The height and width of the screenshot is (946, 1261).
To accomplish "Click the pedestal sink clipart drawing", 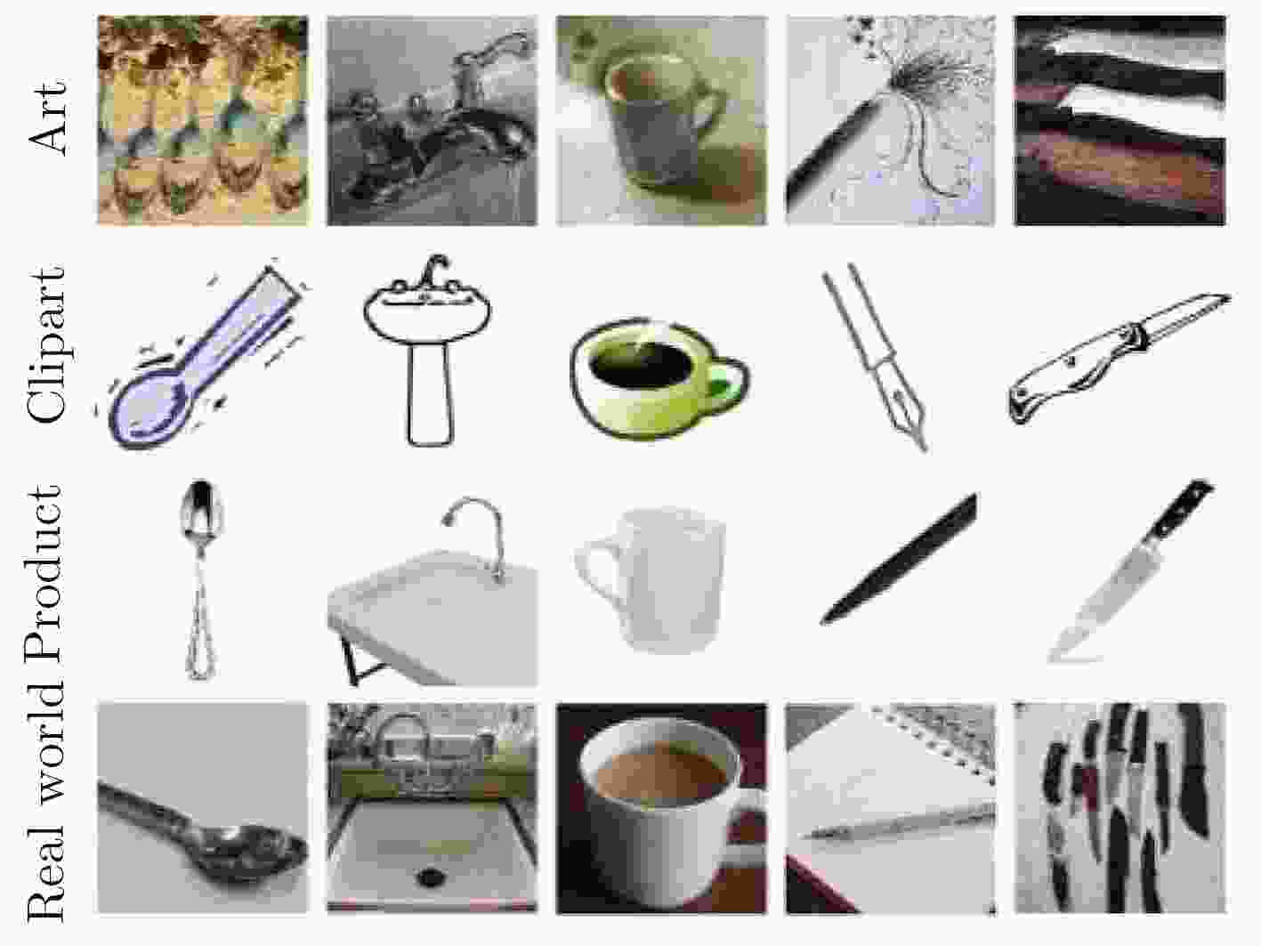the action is tap(428, 351).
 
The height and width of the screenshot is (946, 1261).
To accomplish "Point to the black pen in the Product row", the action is tap(899, 558).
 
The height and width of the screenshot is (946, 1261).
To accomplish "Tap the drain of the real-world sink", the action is tap(430, 877).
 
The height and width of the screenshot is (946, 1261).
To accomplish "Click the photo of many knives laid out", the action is tap(1120, 807).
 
